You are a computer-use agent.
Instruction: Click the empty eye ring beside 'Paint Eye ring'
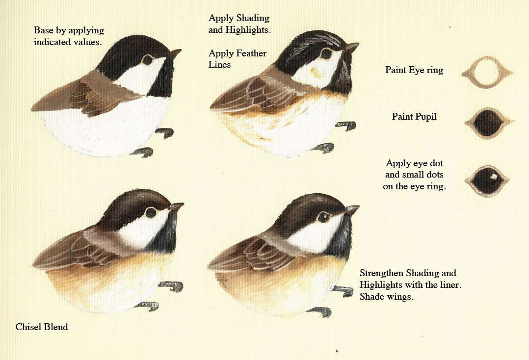point(486,73)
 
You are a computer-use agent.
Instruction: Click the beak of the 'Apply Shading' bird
point(351,47)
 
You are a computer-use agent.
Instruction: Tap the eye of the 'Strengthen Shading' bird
point(324,216)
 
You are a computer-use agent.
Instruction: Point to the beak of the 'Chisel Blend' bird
point(176,206)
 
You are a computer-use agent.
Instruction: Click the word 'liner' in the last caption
point(445,285)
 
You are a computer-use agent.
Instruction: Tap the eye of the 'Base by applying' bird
point(148,60)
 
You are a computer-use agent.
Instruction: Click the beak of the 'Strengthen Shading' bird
point(352,210)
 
